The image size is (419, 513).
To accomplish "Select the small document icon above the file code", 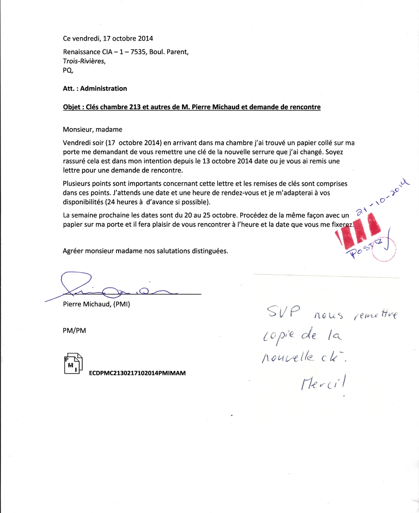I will pos(73,364).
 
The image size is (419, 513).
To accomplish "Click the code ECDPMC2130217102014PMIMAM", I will pos(137,373).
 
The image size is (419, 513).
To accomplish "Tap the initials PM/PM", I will pos(74,330).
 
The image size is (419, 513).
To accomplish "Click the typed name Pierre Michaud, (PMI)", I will pos(96,305).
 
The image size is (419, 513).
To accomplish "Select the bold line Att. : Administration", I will pos(95,88).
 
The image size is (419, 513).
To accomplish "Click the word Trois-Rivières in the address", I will pos(84,61).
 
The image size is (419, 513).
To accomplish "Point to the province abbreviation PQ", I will pos(68,70).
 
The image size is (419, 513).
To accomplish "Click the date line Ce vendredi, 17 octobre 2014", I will pos(108,39).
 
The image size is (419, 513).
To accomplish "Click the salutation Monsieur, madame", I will pos(93,129).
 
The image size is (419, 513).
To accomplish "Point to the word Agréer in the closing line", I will pos(74,251).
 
